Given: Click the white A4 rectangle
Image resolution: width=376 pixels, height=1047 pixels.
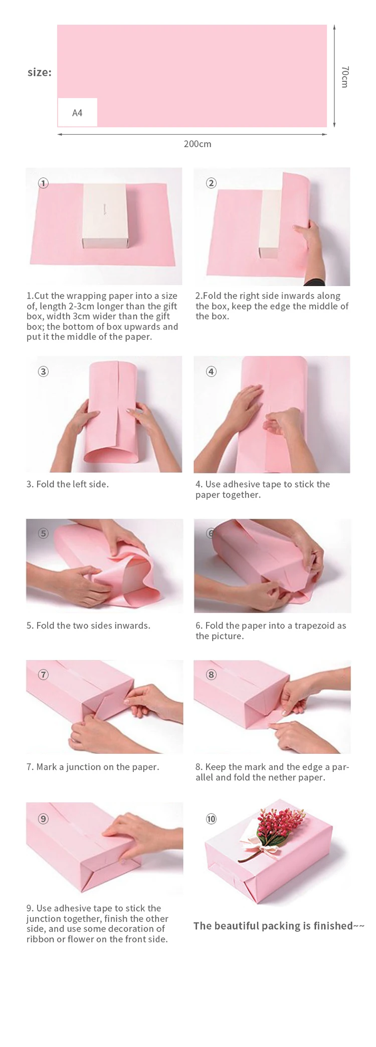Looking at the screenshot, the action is click(77, 112).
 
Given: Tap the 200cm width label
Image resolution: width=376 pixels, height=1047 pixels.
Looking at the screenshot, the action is click(198, 144).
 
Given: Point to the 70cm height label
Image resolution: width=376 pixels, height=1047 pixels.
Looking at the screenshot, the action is click(344, 77).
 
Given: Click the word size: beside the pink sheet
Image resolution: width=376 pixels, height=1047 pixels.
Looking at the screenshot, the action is click(40, 72).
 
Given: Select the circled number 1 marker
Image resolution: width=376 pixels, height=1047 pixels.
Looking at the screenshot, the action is click(44, 183).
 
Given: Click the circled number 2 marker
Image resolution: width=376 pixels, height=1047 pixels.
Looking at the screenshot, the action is click(211, 183).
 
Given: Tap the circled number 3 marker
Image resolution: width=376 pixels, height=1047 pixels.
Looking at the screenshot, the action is click(44, 371).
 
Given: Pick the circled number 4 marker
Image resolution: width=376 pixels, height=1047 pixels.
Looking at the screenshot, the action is click(211, 371).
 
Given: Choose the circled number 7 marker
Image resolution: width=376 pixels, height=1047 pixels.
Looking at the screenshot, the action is click(44, 675).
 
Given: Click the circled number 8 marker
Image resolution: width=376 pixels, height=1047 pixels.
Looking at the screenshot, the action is click(211, 675).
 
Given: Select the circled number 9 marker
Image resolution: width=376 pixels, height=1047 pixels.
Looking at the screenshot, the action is click(44, 819).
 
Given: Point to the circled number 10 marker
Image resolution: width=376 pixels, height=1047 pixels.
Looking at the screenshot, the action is click(211, 819).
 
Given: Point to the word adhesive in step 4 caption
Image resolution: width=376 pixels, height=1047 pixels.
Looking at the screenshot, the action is click(242, 484).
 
